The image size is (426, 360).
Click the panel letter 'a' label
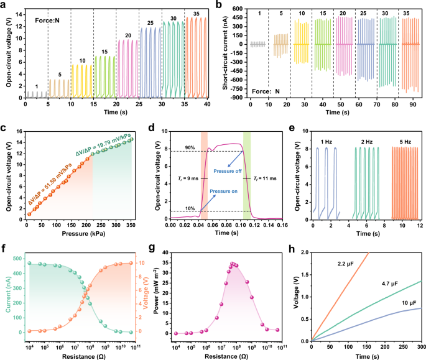click(4, 5)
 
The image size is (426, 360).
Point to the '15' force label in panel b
click(305, 12)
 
